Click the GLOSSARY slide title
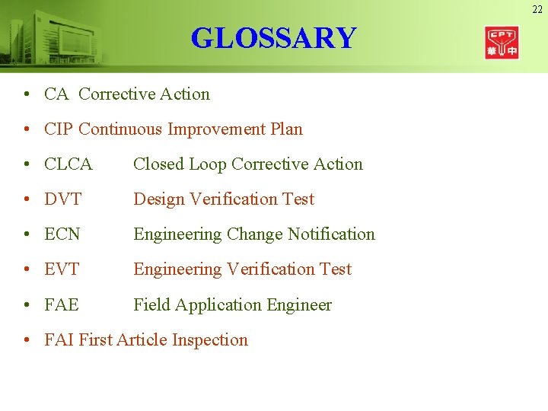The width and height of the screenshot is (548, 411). point(273,38)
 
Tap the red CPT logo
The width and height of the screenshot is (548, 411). point(501,42)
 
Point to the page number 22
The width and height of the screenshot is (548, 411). point(537,9)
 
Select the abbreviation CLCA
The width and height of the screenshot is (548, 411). point(68,164)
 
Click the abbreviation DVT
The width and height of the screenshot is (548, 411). point(62,199)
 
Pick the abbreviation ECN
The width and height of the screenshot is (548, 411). point(62,234)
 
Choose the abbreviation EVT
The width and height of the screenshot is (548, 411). point(62,269)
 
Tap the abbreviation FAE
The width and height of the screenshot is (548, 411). point(62,305)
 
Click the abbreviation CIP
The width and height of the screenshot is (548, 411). point(59,129)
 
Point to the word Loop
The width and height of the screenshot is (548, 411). point(208,164)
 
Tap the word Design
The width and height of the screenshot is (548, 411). point(158,199)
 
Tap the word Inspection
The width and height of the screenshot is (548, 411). point(210,340)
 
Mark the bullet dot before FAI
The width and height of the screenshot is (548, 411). point(27,341)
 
